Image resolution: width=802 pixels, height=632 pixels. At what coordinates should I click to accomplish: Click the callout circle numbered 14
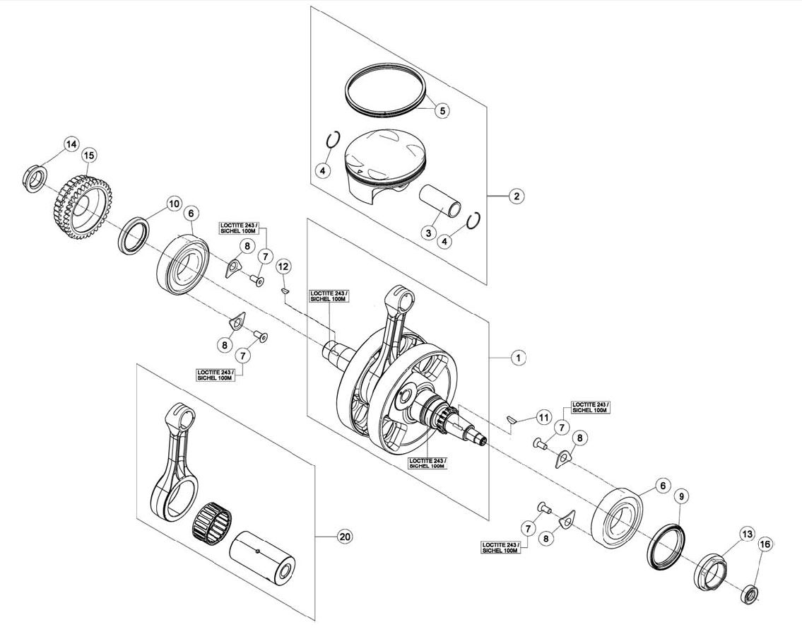[x=71, y=145]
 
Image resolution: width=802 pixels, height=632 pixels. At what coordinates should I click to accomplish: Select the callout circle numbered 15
[x=90, y=155]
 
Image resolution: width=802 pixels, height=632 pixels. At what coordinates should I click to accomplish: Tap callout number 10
[x=174, y=204]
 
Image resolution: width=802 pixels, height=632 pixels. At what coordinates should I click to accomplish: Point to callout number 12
[x=283, y=266]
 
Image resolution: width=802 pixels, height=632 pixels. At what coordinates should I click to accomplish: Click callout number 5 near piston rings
[x=442, y=110]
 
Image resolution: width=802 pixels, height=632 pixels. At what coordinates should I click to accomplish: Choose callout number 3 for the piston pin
[x=428, y=233]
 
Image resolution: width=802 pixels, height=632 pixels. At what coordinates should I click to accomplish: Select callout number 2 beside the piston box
[x=517, y=196]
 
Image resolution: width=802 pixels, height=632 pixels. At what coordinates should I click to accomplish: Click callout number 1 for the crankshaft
[x=518, y=358]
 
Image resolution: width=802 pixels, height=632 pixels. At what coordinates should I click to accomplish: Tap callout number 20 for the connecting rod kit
[x=346, y=537]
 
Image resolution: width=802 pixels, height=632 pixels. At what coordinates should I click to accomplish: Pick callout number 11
[x=543, y=418]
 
